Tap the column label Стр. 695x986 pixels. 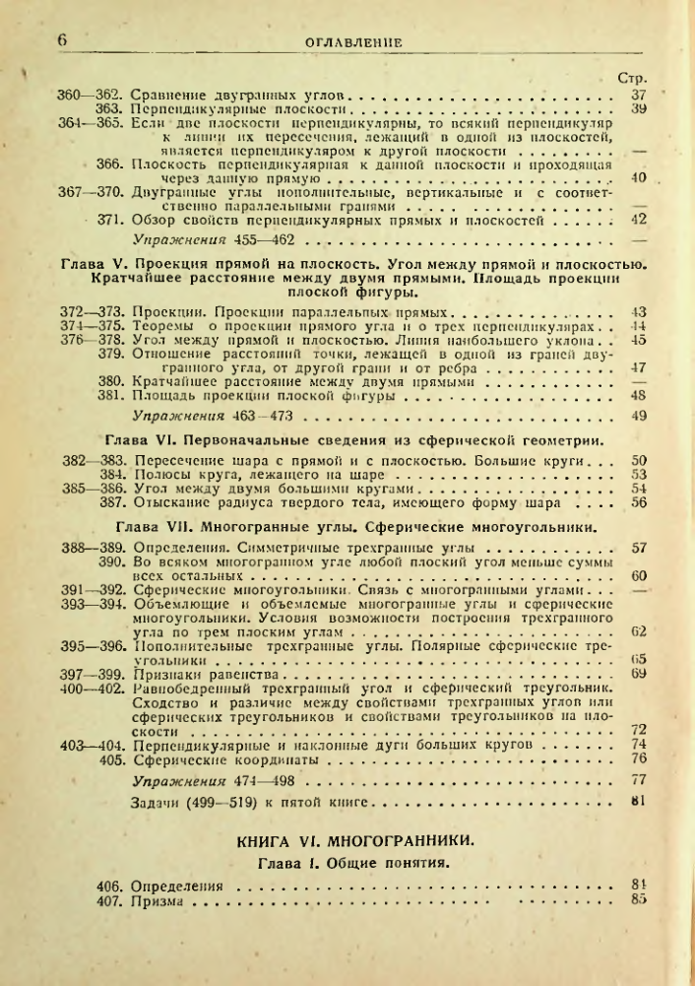click(629, 78)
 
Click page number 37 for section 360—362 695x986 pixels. click(637, 95)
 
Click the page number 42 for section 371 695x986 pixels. click(637, 219)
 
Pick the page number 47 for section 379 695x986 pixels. click(637, 366)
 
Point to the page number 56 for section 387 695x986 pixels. click(637, 501)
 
